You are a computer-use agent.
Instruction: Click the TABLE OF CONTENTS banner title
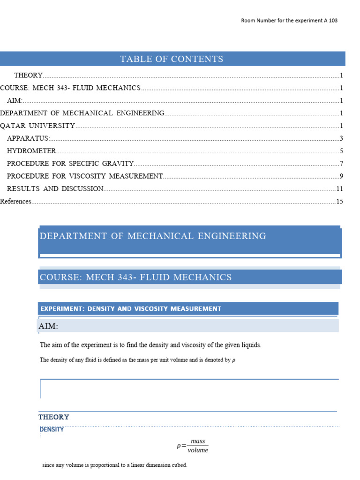coord(172,59)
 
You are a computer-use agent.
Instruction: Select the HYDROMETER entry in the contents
coord(31,151)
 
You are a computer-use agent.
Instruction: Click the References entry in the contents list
coord(15,202)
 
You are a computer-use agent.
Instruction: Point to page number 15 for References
coord(340,202)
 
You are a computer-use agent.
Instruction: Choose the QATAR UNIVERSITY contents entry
coord(37,126)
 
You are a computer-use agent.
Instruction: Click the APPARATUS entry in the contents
coord(28,138)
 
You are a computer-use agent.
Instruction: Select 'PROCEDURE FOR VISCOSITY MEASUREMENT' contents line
coord(84,176)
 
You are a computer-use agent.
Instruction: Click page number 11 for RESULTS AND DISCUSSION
coord(340,189)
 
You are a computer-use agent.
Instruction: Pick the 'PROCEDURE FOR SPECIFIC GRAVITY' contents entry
coord(70,164)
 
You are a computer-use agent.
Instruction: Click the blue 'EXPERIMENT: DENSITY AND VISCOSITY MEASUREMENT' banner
coord(131,308)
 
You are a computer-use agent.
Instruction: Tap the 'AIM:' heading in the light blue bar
coord(49,326)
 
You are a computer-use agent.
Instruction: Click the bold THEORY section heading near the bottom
coord(54,417)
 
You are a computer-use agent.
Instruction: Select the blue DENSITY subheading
coord(52,429)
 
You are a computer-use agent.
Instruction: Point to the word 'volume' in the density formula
coord(198,450)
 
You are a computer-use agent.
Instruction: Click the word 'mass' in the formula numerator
coord(198,442)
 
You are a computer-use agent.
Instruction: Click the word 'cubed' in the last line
coord(179,465)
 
